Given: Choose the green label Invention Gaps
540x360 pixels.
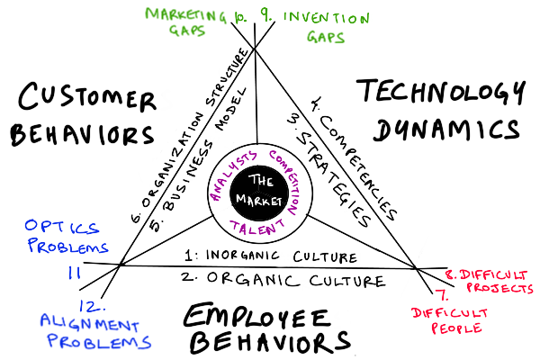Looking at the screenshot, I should [x=312, y=24].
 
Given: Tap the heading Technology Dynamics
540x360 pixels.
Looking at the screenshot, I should [x=439, y=110].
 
